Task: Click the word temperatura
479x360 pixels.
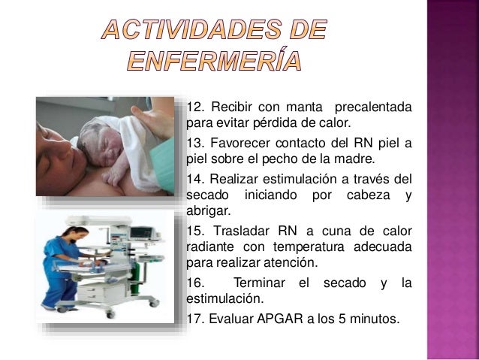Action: [x=295, y=248]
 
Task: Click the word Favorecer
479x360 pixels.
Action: [x=246, y=144]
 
